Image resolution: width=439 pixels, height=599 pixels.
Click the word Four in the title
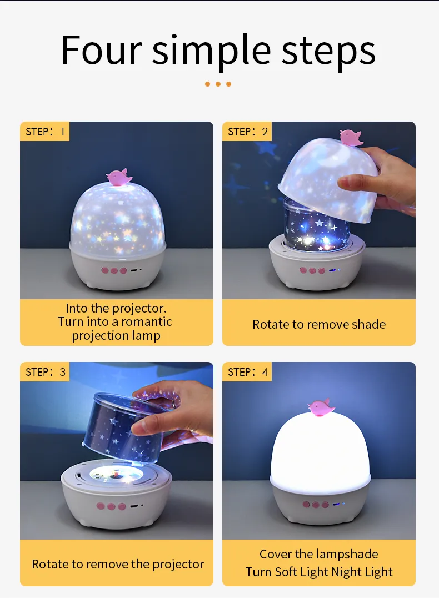click(101, 50)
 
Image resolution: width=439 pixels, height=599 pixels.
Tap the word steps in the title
click(328, 53)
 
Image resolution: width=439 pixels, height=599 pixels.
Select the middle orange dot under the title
click(218, 84)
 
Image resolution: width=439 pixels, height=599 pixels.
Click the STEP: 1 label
click(45, 132)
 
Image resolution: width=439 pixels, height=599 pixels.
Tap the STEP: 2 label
click(247, 132)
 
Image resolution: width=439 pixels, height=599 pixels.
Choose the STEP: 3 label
click(45, 372)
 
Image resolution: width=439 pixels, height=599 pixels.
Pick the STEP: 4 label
click(247, 372)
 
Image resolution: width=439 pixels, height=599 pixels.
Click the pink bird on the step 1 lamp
click(119, 177)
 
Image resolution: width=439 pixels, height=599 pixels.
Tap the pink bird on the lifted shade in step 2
click(351, 138)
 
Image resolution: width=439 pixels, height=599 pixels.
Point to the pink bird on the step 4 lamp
click(321, 407)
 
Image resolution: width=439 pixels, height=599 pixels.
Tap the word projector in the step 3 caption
click(178, 565)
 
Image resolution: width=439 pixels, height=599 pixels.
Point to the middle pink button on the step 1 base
click(114, 270)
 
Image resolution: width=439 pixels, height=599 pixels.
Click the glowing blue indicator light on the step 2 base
click(332, 270)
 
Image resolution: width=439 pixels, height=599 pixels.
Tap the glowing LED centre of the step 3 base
click(116, 474)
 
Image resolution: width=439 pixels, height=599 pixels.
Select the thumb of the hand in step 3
click(147, 427)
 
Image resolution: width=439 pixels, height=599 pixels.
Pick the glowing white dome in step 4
click(320, 452)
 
